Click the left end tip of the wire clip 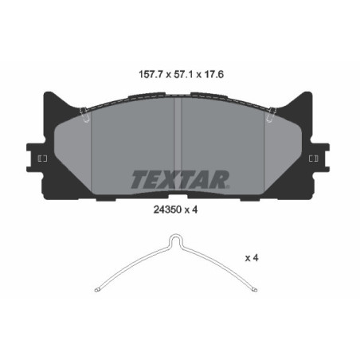click(96, 289)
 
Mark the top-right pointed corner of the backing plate click(311, 93)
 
